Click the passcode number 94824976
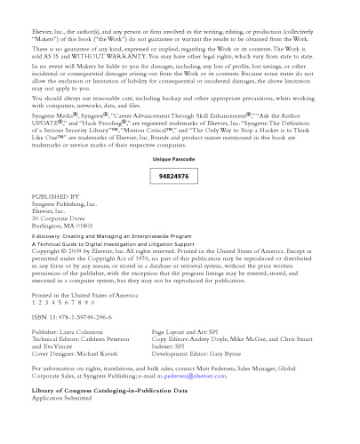[x=173, y=177]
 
